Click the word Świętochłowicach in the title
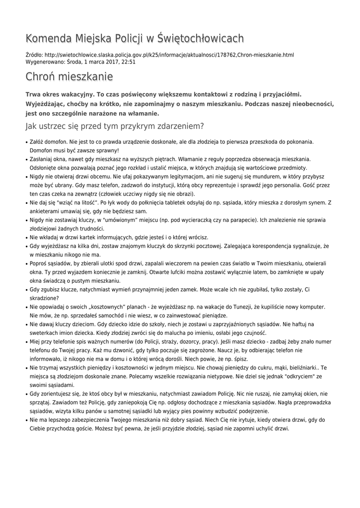pyautogui.click(x=201, y=38)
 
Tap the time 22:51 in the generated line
pyautogui.click(x=128, y=63)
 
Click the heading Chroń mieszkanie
pyautogui.click(x=69, y=77)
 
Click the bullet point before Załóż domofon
pyautogui.click(x=26, y=142)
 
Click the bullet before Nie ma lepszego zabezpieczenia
pyautogui.click(x=26, y=420)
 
